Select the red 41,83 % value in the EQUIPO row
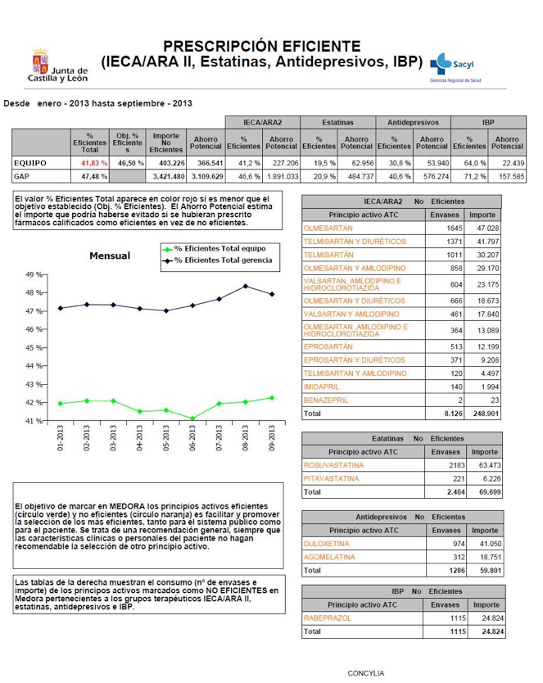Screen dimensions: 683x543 (93, 163)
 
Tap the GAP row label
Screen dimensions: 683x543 (23, 176)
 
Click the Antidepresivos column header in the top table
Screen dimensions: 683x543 (412, 121)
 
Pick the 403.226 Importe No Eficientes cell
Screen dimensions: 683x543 (165, 163)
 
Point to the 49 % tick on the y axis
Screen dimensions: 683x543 (36, 274)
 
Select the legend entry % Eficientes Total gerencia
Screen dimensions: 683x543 (222, 260)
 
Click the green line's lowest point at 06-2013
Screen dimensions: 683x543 (192, 418)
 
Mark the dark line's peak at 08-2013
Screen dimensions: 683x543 (245, 286)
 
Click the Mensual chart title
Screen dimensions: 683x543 (110, 256)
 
